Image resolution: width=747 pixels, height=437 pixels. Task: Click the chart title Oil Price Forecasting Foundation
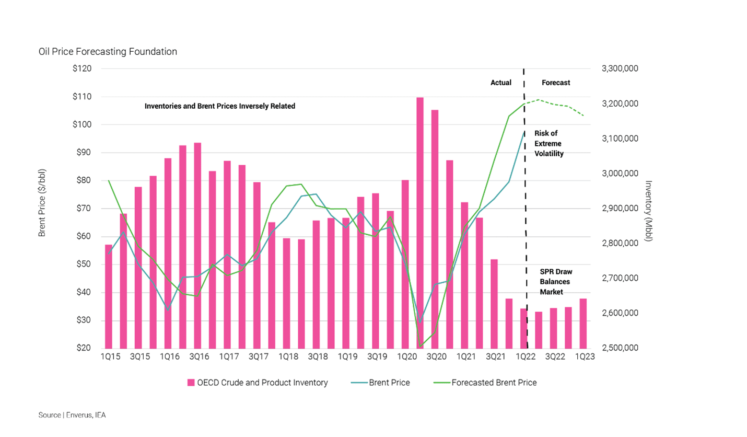108,52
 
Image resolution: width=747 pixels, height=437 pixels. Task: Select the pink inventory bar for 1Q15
109,296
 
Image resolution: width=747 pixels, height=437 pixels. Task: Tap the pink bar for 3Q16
197,245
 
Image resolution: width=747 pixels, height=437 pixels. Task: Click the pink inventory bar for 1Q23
582,323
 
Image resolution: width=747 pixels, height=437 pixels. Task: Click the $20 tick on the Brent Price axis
83,348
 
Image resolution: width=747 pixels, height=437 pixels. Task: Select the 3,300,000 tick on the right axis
620,68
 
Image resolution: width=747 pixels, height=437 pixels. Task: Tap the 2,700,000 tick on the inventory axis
620,278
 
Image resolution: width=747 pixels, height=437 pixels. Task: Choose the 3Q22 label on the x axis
554,356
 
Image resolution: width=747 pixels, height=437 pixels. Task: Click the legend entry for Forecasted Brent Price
494,383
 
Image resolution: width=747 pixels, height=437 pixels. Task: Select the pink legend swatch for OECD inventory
191,383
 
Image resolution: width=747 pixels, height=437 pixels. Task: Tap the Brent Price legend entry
389,383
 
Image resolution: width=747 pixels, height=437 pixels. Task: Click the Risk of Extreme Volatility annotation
548,144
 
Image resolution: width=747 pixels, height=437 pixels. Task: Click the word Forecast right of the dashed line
555,83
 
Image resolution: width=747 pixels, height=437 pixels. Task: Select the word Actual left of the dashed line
500,83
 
